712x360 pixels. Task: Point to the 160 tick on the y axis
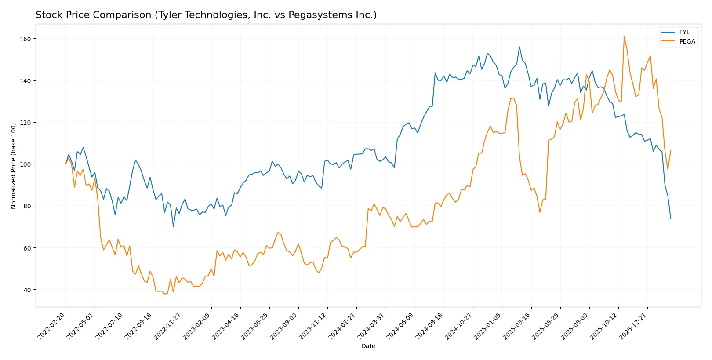point(25,39)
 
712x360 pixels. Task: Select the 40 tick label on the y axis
point(27,290)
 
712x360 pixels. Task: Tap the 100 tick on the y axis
point(25,164)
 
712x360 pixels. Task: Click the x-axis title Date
point(368,346)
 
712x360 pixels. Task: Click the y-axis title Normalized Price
point(13,166)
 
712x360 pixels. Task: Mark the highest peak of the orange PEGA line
point(624,36)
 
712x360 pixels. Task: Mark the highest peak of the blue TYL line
point(519,47)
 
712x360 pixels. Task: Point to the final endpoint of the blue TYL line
point(671,218)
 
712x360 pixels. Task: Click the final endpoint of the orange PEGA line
point(671,150)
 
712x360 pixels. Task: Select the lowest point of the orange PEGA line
point(165,294)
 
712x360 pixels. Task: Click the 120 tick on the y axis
point(25,123)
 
